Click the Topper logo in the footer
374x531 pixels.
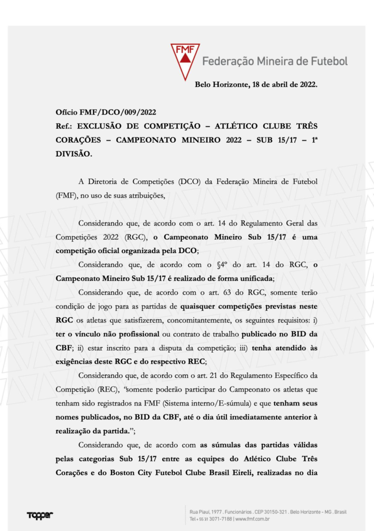click(x=40, y=515)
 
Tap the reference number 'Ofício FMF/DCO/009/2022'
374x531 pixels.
click(x=106, y=112)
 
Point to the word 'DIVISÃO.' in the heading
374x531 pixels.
click(x=74, y=154)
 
